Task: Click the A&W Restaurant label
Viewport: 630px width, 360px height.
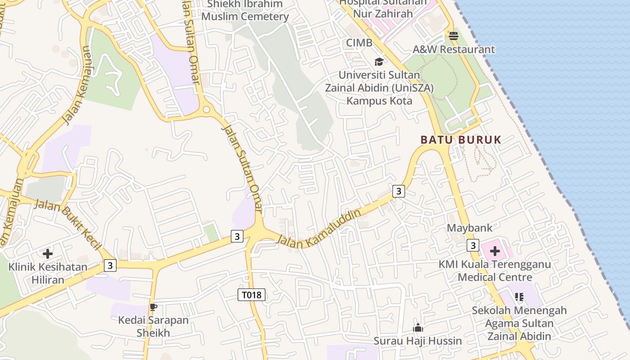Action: click(454, 49)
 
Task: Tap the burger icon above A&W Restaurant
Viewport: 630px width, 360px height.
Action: click(454, 36)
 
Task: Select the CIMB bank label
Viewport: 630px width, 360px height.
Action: click(359, 43)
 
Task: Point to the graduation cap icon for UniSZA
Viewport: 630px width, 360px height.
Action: click(379, 62)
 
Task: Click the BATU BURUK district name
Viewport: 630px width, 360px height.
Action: click(461, 140)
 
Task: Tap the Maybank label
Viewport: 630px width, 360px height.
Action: click(469, 228)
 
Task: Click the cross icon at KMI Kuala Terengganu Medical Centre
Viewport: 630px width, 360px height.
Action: click(495, 251)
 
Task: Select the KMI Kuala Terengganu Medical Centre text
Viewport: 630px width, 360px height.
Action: click(495, 270)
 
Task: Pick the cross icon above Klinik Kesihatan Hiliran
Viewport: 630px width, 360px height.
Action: click(47, 254)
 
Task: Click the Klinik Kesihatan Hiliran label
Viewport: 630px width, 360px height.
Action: click(48, 274)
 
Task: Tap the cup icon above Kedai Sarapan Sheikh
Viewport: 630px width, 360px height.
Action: click(153, 307)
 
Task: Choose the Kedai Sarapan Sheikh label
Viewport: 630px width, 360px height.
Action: click(153, 327)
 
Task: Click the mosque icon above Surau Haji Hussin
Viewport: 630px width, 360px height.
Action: click(418, 328)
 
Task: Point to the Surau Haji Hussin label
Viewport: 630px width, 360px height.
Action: click(418, 341)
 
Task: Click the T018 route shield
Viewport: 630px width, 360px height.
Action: click(252, 295)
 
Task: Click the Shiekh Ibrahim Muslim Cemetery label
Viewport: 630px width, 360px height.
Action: click(245, 11)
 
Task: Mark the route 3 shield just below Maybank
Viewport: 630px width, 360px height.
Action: click(472, 245)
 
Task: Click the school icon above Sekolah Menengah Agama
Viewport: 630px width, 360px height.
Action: click(519, 297)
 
